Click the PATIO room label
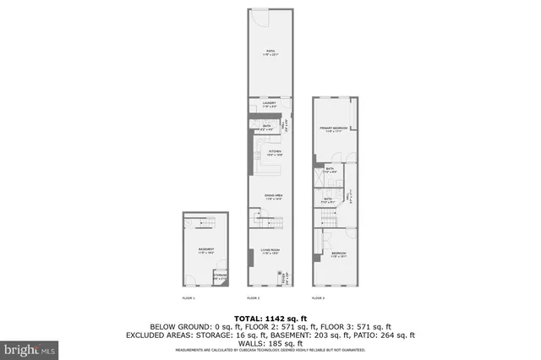270,52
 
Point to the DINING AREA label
272,195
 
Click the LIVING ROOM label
270,250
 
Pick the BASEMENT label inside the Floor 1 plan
206,249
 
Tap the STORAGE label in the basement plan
221,275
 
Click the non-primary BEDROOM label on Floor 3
338,253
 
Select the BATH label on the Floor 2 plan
266,126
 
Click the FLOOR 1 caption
189,298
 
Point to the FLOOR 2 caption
253,298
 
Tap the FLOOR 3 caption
318,298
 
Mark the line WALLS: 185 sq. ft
270,344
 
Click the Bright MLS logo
30,347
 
